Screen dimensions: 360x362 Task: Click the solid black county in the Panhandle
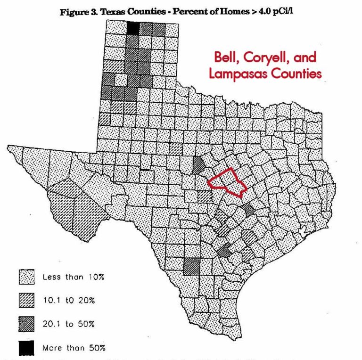coord(133,28)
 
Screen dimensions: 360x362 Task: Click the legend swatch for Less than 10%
coord(27,277)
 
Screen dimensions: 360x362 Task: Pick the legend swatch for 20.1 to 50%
coord(27,324)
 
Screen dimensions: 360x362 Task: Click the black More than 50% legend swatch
coord(27,348)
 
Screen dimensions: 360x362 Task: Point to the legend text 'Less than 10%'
coord(73,277)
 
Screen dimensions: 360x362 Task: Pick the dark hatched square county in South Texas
coord(191,266)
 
